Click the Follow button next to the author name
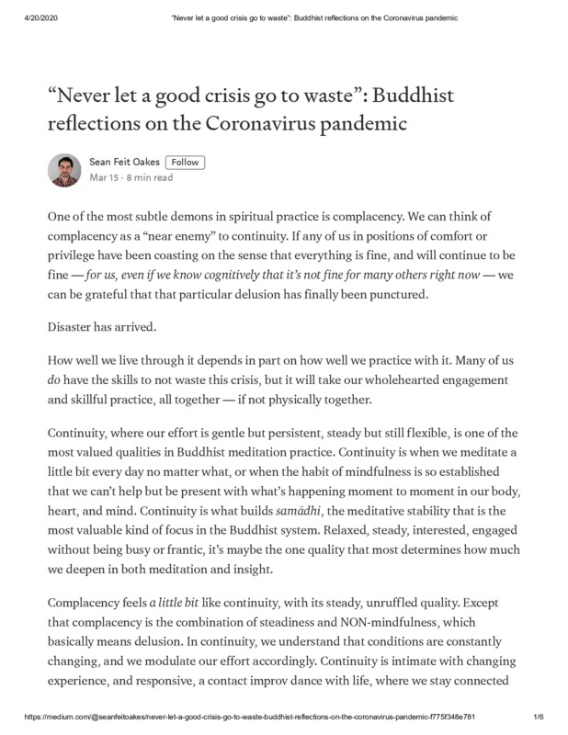[185, 163]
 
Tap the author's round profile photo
[64, 170]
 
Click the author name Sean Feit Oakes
[124, 163]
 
